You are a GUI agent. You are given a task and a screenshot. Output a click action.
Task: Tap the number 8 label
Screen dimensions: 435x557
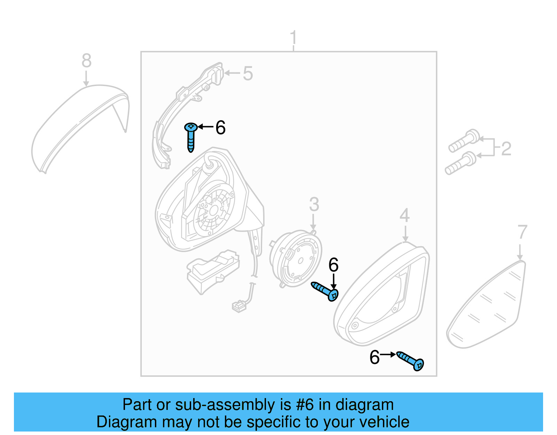click(86, 61)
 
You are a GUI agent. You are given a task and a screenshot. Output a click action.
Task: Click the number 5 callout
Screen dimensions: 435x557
click(248, 74)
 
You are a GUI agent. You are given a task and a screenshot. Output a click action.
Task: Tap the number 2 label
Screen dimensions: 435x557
click(506, 149)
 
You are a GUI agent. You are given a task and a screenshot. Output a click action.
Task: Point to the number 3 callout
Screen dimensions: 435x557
click(314, 204)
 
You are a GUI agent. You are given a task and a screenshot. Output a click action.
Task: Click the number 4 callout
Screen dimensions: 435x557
click(405, 216)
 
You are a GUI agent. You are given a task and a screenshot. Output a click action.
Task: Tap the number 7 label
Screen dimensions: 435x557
click(522, 232)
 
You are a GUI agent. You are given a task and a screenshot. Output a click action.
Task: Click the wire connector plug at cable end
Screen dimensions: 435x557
click(239, 306)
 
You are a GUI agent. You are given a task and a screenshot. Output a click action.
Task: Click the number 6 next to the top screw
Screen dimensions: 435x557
click(220, 128)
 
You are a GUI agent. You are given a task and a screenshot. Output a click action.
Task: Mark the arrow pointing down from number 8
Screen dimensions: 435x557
click(86, 78)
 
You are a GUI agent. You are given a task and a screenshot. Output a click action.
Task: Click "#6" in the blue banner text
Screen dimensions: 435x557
click(305, 405)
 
